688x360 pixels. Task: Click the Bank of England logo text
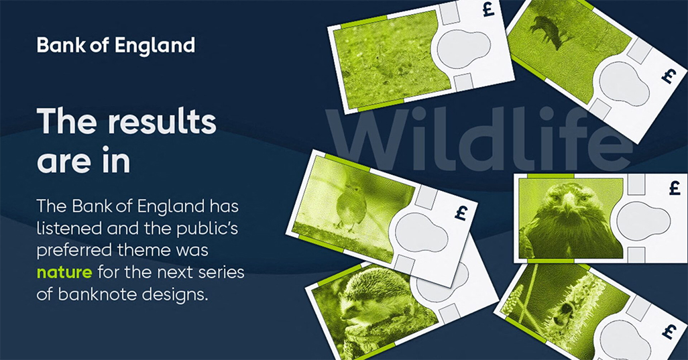click(x=116, y=46)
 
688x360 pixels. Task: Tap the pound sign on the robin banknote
click(x=460, y=213)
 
